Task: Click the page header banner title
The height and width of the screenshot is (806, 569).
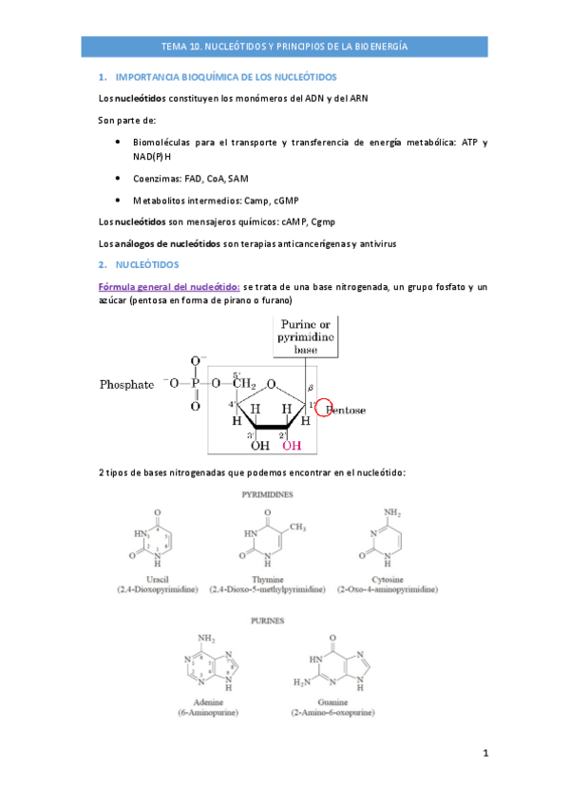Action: click(x=285, y=45)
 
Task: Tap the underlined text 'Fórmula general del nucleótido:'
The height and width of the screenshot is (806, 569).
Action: click(x=169, y=287)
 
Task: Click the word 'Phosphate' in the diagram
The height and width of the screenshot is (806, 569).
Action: click(x=126, y=385)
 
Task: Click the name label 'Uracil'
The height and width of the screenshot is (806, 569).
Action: click(x=152, y=579)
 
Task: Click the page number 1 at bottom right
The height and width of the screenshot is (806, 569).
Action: click(x=485, y=754)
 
